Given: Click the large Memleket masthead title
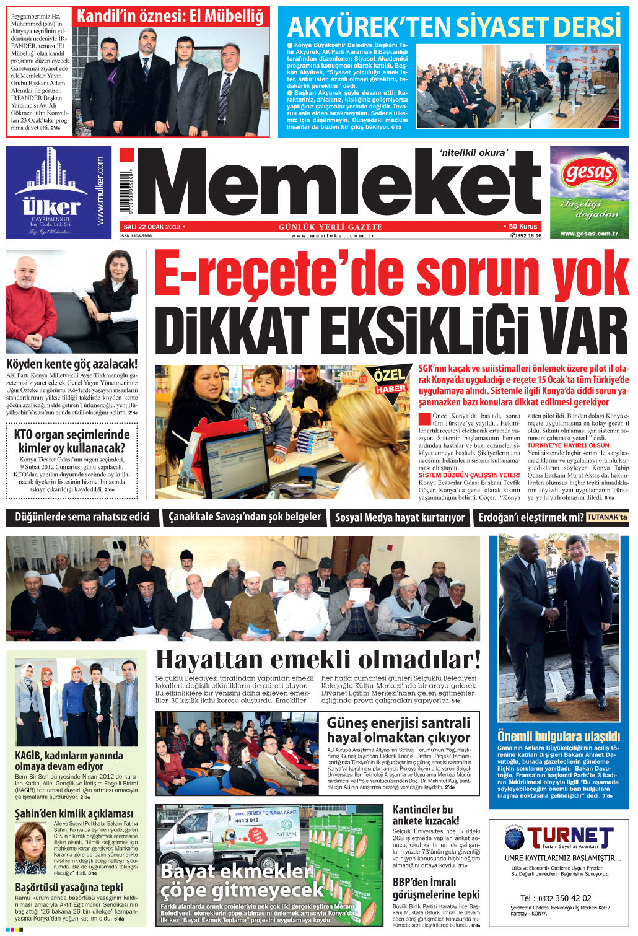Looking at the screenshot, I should [x=338, y=183].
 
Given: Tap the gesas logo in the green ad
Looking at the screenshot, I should [x=589, y=173].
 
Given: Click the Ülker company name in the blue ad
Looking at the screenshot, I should [x=51, y=206].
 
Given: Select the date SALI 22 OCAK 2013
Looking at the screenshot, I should [x=152, y=227].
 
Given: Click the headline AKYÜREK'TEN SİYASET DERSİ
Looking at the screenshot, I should [x=453, y=27].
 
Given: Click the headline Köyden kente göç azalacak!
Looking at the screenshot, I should [x=72, y=364].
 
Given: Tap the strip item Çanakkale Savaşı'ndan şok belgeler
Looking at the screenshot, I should [x=245, y=517].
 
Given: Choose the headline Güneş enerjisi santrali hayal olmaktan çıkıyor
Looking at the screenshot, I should [x=398, y=730].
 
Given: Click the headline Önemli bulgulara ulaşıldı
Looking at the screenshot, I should [x=558, y=737].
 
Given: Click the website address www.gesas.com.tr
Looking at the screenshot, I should [x=588, y=234].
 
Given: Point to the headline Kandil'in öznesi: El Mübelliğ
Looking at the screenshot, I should [x=170, y=16].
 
